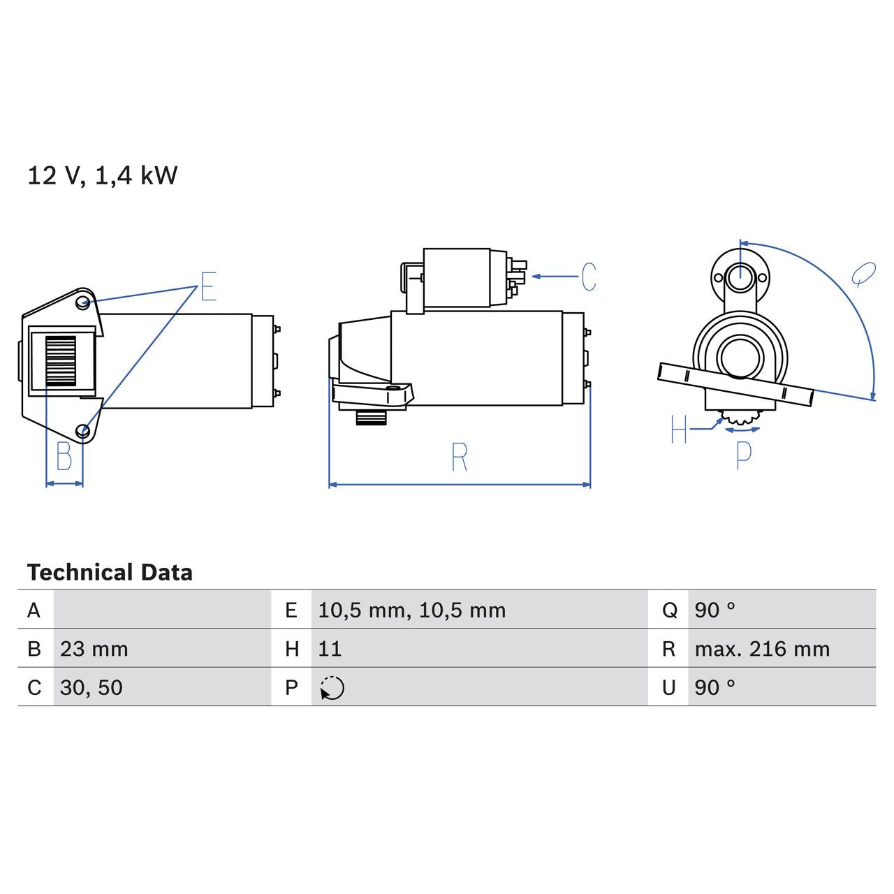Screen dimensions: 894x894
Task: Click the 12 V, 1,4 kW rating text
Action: pos(102,175)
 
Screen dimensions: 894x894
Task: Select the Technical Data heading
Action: pos(110,573)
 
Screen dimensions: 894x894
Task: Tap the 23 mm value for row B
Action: pos(94,649)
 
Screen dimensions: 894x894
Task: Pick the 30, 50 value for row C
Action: pos(91,687)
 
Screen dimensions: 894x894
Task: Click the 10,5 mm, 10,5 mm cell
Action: pos(411,610)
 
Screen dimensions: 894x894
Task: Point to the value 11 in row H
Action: pos(330,649)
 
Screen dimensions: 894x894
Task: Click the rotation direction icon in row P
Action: pos(332,688)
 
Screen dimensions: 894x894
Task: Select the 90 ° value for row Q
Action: pos(715,610)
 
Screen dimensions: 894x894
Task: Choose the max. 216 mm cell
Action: pos(762,649)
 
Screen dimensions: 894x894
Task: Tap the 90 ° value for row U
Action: pos(715,687)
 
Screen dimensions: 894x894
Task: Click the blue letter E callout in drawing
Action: pos(208,286)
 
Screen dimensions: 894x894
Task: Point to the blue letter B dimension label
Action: pos(64,457)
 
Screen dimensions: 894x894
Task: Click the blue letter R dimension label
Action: pos(459,457)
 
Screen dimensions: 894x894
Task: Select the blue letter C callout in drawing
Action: pos(589,277)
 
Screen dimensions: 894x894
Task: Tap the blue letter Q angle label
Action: pos(864,274)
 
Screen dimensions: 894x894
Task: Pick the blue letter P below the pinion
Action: pos(744,455)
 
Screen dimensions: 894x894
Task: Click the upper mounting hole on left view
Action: pos(83,302)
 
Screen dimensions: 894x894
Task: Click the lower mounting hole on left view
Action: pos(83,430)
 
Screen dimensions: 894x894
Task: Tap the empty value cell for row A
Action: pos(161,610)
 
